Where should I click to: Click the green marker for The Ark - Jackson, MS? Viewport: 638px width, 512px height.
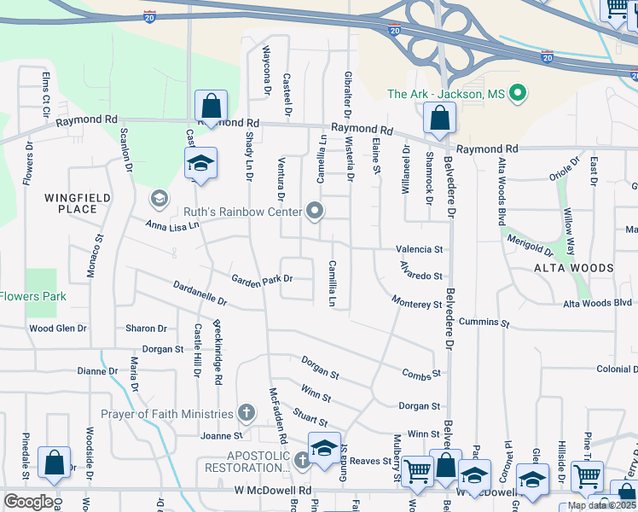(517, 94)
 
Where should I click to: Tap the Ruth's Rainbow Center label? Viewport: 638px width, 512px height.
(243, 212)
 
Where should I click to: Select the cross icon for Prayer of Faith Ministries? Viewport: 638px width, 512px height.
(246, 414)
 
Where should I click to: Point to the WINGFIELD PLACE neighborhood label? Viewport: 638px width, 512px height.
(78, 203)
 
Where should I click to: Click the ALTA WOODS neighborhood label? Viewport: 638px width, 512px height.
(573, 268)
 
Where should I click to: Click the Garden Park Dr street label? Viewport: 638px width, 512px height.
(262, 278)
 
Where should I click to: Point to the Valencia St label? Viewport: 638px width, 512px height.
(420, 250)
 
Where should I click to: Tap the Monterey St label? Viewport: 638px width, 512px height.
(417, 302)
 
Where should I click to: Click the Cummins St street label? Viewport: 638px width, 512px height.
(484, 323)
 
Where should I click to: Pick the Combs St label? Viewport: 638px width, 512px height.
(421, 373)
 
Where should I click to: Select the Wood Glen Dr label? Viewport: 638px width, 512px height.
(58, 329)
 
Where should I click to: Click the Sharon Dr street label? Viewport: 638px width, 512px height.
(146, 329)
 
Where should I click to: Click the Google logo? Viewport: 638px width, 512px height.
(28, 502)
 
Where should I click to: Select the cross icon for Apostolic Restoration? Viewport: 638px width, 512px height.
(301, 461)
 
